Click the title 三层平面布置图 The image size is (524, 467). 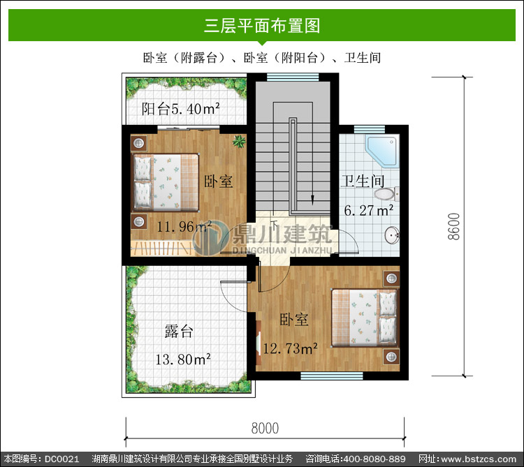point(262,26)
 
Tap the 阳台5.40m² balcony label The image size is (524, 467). point(180,109)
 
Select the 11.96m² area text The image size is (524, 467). point(184,227)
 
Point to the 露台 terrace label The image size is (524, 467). point(179,331)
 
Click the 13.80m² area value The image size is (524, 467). point(183,359)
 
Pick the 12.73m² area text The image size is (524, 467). point(290,348)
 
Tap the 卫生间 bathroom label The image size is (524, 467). point(363,181)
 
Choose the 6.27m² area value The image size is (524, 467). point(369,210)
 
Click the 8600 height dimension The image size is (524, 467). point(454,226)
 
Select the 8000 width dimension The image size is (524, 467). point(265,429)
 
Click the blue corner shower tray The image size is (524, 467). point(382,151)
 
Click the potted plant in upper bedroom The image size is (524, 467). point(239,141)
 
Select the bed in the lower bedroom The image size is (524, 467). point(365,318)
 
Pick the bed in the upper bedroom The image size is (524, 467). point(166,182)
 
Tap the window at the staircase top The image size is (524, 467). point(293,77)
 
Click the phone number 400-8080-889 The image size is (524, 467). point(374,459)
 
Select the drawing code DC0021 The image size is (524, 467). point(62,459)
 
